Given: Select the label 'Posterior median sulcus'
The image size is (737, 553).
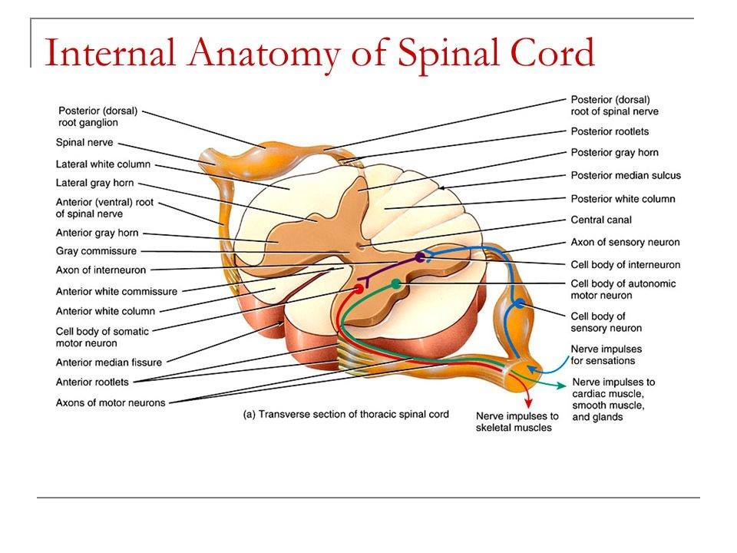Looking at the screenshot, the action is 626,175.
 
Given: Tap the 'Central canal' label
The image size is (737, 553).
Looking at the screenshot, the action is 601,220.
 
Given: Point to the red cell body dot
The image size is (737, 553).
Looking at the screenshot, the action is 359,288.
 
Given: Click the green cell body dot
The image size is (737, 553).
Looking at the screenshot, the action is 396,283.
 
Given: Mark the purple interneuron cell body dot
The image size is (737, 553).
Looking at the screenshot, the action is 420,257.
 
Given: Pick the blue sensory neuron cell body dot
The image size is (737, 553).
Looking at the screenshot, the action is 520,303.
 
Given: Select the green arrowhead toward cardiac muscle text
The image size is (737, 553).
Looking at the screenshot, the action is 561,386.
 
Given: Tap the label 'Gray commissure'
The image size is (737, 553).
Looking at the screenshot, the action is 96,251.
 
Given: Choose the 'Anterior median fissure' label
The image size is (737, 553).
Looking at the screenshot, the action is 108,362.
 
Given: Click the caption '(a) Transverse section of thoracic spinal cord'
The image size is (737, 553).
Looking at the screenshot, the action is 346,414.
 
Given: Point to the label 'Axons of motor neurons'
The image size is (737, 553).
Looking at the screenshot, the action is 111,402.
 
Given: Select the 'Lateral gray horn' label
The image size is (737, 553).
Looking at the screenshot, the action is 94,183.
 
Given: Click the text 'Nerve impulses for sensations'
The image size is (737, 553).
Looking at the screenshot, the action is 606,355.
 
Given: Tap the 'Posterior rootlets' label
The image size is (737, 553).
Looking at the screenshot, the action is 610,131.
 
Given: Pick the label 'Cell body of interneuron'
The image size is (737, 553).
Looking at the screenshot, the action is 626,265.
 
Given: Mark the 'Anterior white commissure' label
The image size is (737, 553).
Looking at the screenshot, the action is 117,292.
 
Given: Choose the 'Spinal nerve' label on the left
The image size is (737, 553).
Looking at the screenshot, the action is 84,143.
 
